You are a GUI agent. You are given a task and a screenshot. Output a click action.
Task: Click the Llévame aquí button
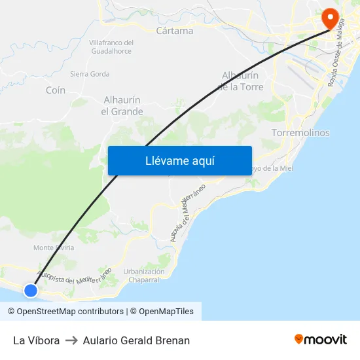click(x=179, y=160)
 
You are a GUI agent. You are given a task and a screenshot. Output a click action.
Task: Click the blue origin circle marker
click(x=30, y=290)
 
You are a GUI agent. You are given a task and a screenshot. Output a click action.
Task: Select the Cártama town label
click(x=175, y=31)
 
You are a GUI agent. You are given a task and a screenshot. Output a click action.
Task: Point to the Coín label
click(x=56, y=90)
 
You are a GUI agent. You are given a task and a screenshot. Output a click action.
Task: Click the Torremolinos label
click(x=300, y=133)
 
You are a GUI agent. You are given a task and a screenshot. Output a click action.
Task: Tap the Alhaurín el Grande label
click(x=122, y=105)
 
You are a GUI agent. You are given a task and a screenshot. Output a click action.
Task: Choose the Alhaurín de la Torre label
click(x=240, y=81)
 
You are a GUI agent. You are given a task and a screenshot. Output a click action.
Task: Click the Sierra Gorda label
click(x=90, y=74)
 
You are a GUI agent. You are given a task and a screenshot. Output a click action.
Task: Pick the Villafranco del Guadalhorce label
click(x=111, y=46)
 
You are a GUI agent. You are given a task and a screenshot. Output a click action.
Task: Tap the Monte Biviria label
click(x=54, y=247)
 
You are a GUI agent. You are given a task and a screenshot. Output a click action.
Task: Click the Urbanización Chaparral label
click(x=143, y=276)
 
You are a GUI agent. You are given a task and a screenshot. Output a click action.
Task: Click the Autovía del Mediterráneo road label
click(x=188, y=213)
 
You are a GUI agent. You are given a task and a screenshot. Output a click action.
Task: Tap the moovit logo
click(x=321, y=340)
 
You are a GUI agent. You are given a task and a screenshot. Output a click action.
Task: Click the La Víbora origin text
click(x=36, y=340)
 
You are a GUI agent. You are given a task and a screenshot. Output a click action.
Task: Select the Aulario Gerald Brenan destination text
click(x=136, y=340)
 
